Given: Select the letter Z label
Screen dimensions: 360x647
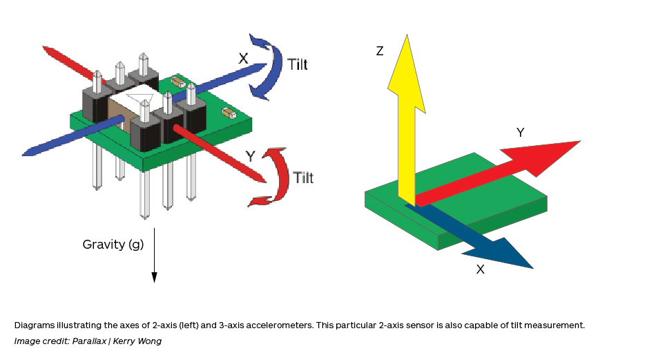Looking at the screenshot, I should tap(380, 51).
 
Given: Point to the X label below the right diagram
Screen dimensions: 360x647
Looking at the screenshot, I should tap(481, 269).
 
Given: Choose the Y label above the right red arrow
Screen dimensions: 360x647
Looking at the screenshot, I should tap(521, 132).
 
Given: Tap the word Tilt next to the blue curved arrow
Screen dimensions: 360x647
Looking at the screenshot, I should tap(298, 65).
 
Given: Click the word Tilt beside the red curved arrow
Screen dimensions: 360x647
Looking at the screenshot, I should tap(303, 178).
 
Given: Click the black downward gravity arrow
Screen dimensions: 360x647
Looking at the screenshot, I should tap(154, 256).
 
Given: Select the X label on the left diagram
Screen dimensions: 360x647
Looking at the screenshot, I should tap(243, 59).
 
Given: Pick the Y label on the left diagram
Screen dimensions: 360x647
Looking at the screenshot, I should tap(251, 157).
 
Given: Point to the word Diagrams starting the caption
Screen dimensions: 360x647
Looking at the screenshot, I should tap(34, 325).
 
